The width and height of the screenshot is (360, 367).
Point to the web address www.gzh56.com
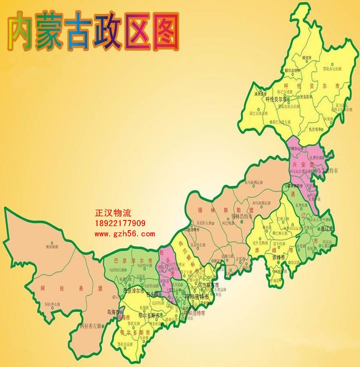click(x=124, y=234)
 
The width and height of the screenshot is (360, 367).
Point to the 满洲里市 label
click(x=260, y=94)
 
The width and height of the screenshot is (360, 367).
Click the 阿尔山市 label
click(x=297, y=148)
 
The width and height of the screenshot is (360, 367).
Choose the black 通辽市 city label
click(x=328, y=229)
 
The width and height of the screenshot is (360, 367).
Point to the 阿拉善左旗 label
click(x=90, y=326)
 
